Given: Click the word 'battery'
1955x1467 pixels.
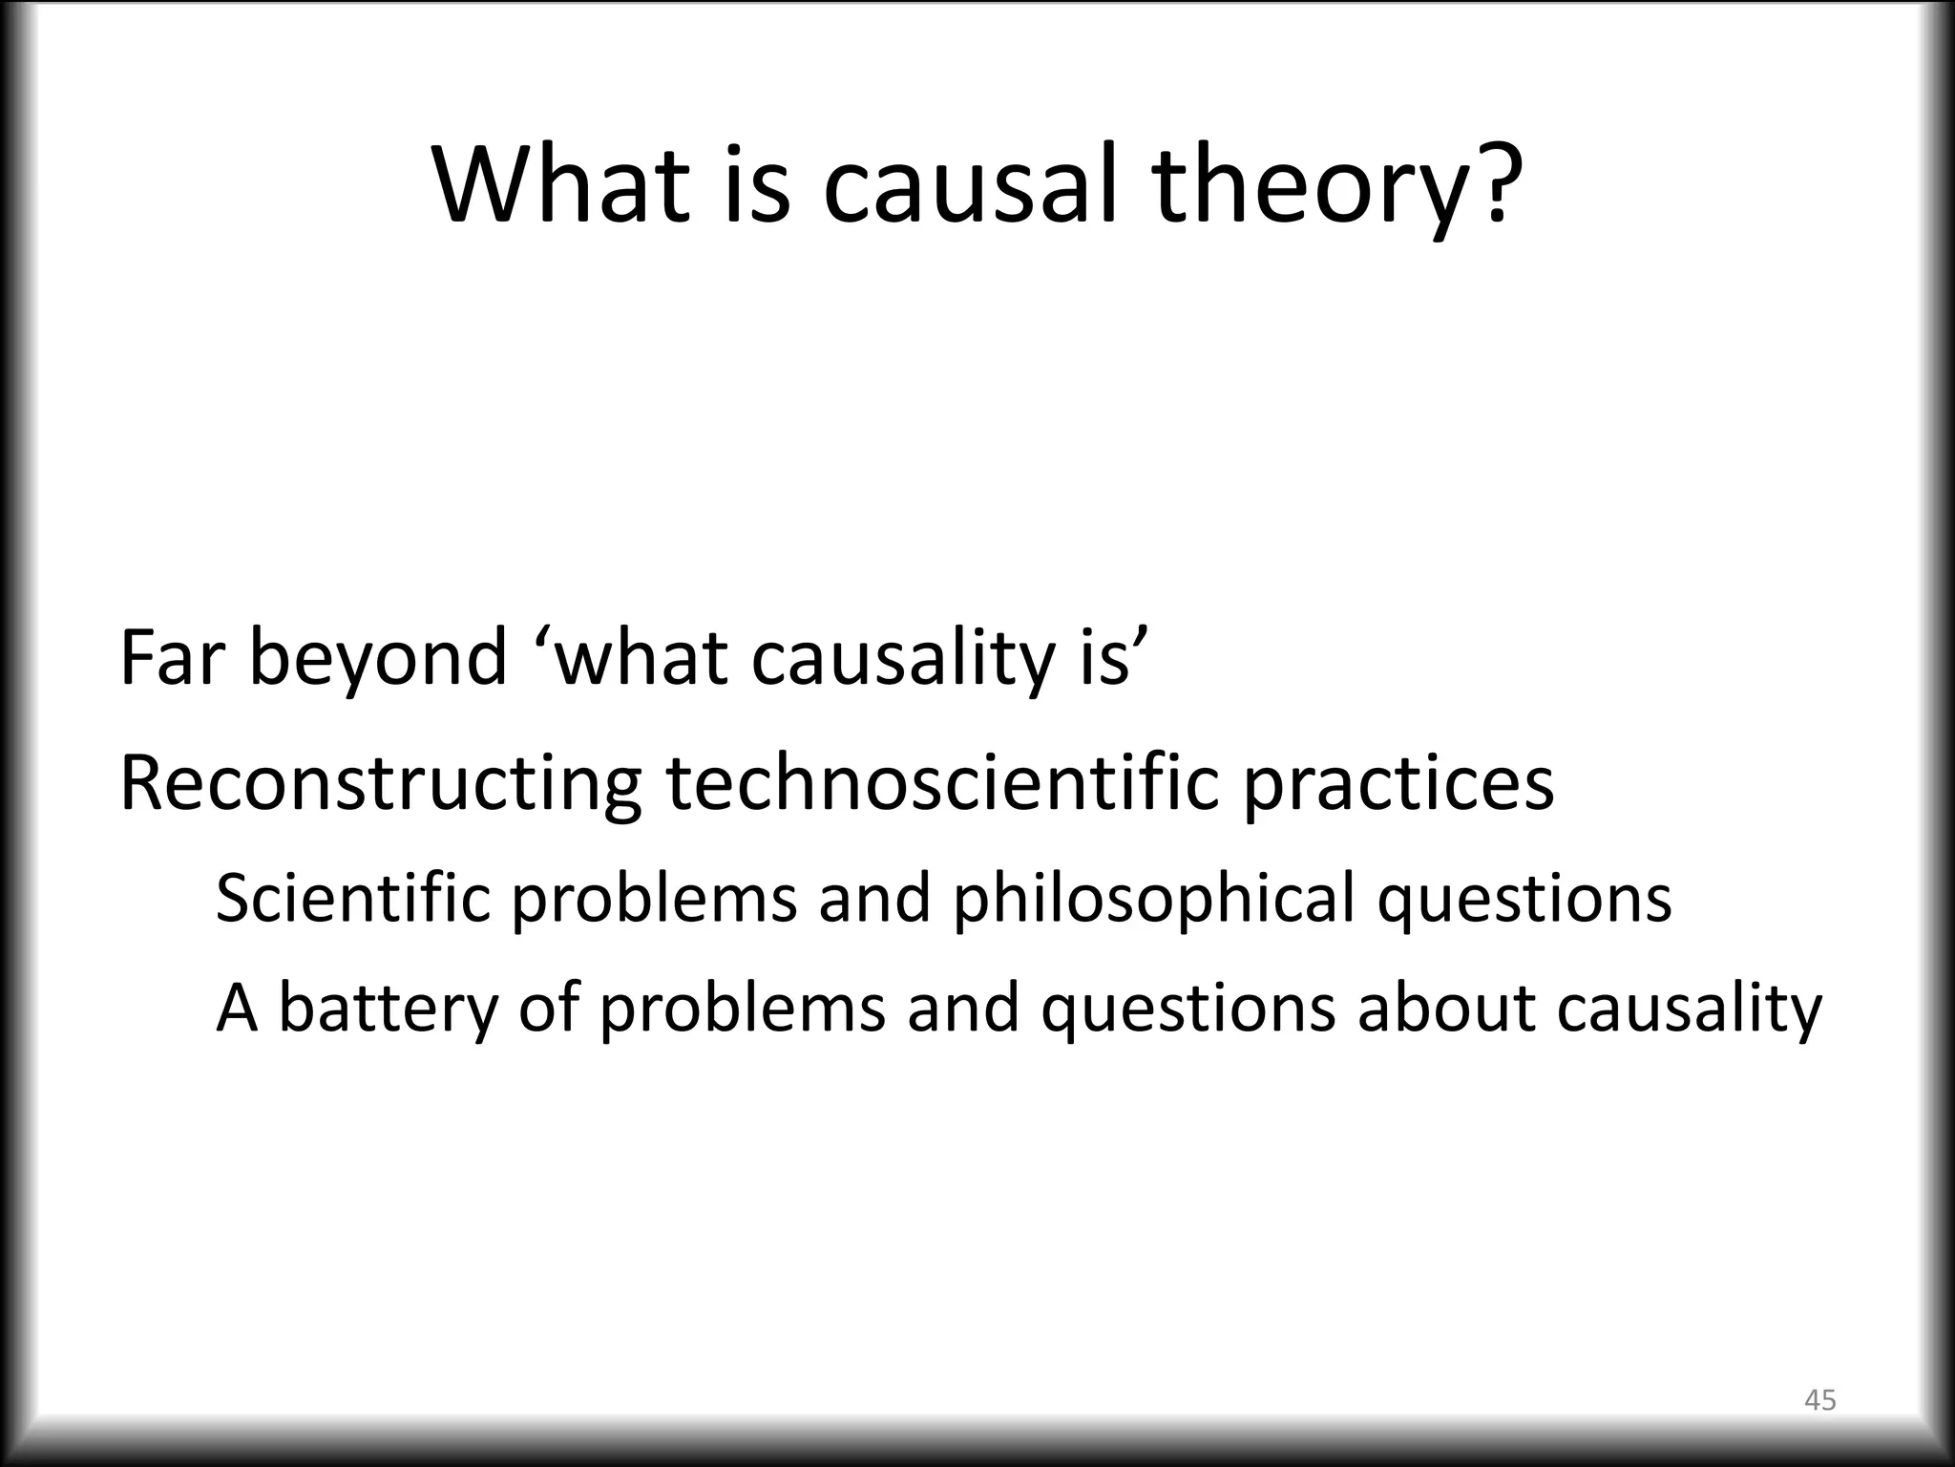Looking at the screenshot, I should tap(388, 1010).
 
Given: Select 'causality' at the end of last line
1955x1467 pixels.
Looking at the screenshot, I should tap(1689, 1010).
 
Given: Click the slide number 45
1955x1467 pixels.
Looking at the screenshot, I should tap(1819, 1400).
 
